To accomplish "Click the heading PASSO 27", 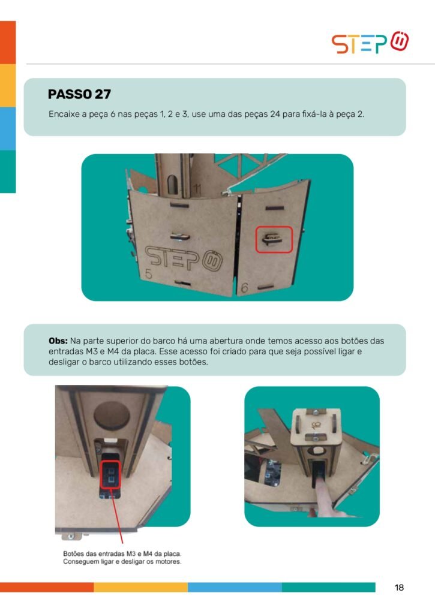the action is click(x=79, y=94).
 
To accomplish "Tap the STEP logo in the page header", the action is click(x=370, y=43).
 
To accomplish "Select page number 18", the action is click(x=399, y=588).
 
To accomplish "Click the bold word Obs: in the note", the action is click(x=58, y=341).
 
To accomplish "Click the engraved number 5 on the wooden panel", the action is click(x=148, y=273).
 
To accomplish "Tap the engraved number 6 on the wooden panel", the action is click(x=244, y=288).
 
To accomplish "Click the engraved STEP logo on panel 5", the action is click(x=184, y=258).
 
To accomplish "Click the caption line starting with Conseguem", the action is click(x=122, y=561).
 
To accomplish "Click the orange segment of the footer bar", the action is click(x=47, y=587).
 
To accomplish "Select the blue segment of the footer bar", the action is click(x=235, y=587).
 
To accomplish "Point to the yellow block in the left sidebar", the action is click(x=8, y=85).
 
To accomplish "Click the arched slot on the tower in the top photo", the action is click(x=172, y=184).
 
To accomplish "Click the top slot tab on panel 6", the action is click(x=274, y=207).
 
